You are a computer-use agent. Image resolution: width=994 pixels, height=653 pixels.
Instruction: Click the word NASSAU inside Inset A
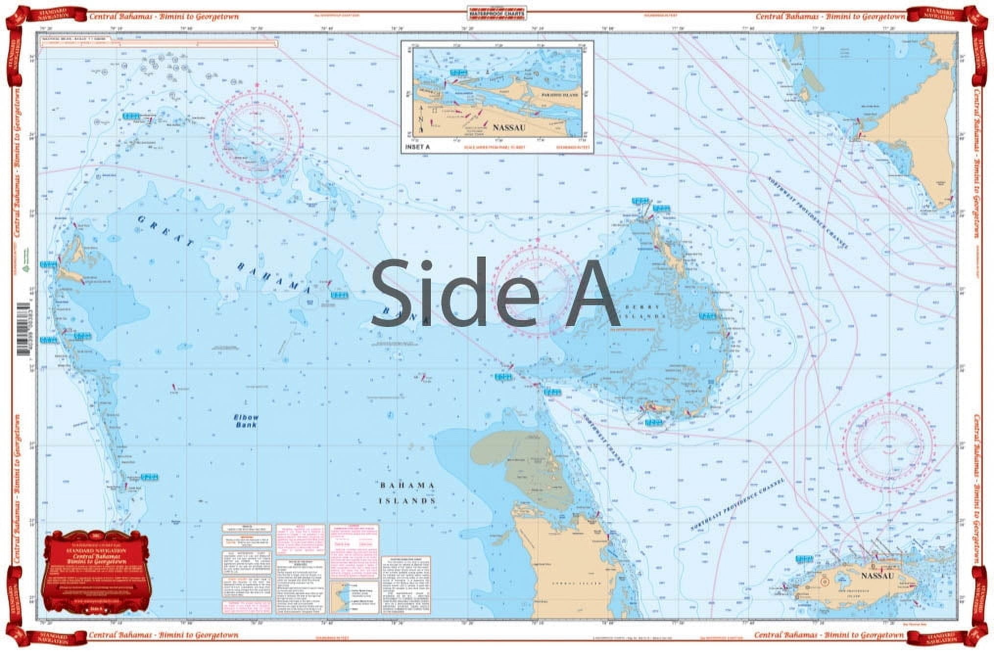click(509, 128)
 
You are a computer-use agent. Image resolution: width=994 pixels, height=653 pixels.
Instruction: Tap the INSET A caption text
click(417, 147)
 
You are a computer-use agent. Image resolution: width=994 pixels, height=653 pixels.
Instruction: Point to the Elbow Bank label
click(245, 421)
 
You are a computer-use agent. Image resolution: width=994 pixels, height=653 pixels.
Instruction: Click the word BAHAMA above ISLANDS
click(407, 486)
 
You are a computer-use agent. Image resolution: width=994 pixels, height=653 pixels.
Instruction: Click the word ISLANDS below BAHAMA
click(407, 501)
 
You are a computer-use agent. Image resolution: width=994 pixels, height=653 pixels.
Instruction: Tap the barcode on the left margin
click(23, 328)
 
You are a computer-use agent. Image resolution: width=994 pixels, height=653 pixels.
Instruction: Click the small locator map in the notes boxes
click(354, 597)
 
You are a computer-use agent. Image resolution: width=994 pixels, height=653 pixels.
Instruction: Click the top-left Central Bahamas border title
click(164, 17)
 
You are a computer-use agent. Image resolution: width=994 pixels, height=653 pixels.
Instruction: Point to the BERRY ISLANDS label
click(646, 311)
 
